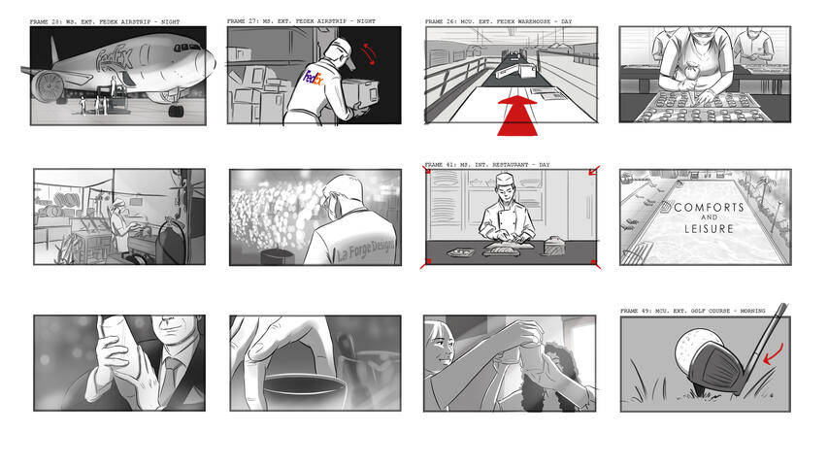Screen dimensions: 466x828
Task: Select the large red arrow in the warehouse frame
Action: click(x=512, y=116)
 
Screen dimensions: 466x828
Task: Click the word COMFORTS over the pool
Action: click(x=709, y=208)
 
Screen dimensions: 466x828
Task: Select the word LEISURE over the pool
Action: click(x=708, y=229)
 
